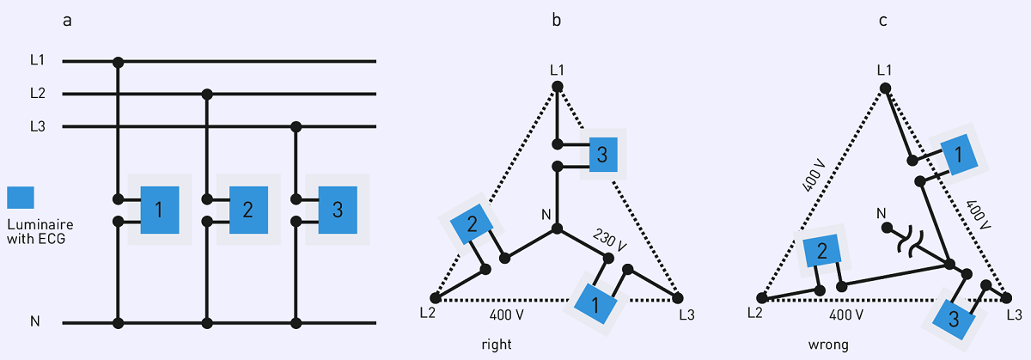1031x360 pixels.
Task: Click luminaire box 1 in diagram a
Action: (x=160, y=210)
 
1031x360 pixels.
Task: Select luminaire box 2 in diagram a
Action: (x=248, y=210)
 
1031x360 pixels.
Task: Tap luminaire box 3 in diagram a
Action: (x=338, y=210)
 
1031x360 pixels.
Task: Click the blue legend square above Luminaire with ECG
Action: (x=21, y=198)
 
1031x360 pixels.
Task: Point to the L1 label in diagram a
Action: (x=37, y=60)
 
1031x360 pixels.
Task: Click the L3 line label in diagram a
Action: (x=38, y=126)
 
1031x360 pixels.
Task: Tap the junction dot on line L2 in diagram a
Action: (x=207, y=95)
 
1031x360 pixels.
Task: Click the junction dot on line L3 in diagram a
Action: (x=296, y=126)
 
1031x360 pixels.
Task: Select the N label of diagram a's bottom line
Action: (x=35, y=321)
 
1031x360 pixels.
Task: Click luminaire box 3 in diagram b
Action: (x=603, y=155)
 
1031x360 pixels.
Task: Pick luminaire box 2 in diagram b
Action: (x=472, y=223)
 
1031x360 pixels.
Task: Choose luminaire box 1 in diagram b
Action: (x=595, y=304)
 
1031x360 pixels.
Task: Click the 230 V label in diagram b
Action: (x=610, y=241)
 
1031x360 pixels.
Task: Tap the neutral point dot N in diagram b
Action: (x=557, y=229)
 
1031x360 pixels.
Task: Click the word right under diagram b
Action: (x=497, y=345)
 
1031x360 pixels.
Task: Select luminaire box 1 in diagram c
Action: (x=959, y=155)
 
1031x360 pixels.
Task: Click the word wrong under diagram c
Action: (x=828, y=345)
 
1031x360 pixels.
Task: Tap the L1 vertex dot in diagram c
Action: (x=885, y=88)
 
